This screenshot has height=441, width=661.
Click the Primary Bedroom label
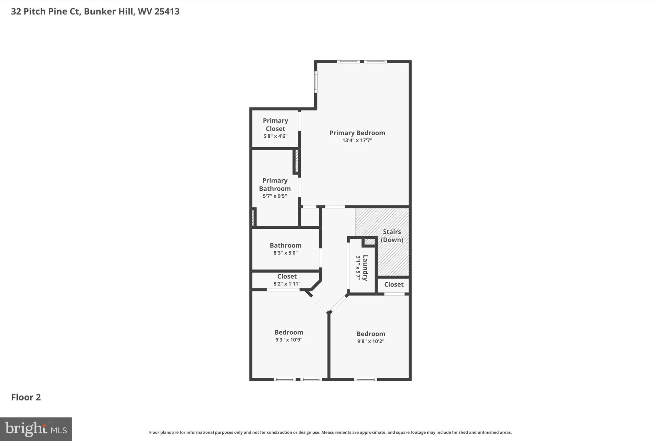tap(357, 133)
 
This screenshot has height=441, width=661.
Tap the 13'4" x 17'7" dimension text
tap(357, 141)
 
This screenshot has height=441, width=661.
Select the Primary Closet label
tap(275, 124)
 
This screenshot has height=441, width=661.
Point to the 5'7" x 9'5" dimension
tap(275, 196)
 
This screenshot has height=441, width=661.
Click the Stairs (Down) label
tap(392, 236)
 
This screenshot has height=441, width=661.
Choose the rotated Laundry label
tap(365, 268)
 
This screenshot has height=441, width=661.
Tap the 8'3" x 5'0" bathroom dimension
tap(285, 253)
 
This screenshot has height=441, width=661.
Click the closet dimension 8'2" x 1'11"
tap(287, 284)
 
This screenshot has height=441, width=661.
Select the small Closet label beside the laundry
tap(393, 284)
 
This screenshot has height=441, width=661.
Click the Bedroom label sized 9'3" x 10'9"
tap(289, 332)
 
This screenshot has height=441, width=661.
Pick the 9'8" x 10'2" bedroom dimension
tap(371, 341)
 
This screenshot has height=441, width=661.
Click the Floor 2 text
tap(26, 397)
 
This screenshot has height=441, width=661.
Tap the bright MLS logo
tap(36, 429)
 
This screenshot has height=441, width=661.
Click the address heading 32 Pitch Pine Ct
tap(95, 11)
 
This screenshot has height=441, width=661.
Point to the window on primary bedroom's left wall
tap(316, 82)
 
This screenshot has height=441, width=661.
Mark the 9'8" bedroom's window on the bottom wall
tap(365, 379)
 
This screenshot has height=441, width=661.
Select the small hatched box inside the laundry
tap(369, 242)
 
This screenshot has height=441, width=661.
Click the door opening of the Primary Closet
tap(300, 121)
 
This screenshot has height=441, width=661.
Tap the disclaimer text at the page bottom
tap(330, 432)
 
